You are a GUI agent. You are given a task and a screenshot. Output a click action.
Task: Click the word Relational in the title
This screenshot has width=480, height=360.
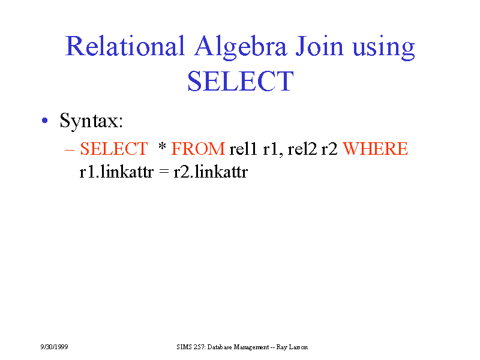(x=125, y=46)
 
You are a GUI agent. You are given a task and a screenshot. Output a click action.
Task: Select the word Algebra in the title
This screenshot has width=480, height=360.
(x=241, y=47)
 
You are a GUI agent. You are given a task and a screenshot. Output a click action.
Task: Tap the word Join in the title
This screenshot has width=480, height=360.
(x=319, y=46)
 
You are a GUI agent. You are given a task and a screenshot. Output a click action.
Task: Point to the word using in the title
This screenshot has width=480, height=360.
(x=383, y=49)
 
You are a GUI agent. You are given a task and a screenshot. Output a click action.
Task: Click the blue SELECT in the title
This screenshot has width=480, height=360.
(x=241, y=81)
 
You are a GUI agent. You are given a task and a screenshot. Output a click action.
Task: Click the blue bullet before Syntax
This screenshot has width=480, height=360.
(x=44, y=121)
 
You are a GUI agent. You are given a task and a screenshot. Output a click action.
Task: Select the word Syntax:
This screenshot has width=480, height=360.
(x=91, y=121)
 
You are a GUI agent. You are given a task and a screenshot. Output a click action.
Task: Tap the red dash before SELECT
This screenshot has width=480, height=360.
(x=70, y=150)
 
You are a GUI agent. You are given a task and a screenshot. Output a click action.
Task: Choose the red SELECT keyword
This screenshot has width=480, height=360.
(x=114, y=149)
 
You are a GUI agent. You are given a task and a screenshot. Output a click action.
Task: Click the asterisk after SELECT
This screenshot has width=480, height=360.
(x=162, y=146)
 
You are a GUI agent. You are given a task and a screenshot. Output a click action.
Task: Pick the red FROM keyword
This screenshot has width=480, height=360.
(x=198, y=149)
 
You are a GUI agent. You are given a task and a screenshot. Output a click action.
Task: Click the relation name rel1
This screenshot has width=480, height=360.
(x=244, y=149)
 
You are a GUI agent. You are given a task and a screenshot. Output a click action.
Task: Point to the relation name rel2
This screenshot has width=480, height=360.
(x=302, y=149)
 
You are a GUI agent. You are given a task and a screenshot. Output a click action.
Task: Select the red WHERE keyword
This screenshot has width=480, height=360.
(x=376, y=149)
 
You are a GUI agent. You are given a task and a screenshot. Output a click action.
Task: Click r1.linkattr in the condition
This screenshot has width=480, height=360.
(x=116, y=172)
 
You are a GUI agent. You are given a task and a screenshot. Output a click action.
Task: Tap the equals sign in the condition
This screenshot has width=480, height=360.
(x=164, y=172)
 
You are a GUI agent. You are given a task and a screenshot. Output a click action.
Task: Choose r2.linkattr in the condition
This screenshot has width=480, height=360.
(x=211, y=172)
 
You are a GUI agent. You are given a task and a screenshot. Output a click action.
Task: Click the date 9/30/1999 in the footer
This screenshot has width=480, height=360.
(x=54, y=347)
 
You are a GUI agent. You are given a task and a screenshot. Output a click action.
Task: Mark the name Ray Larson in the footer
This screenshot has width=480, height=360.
(x=292, y=347)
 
